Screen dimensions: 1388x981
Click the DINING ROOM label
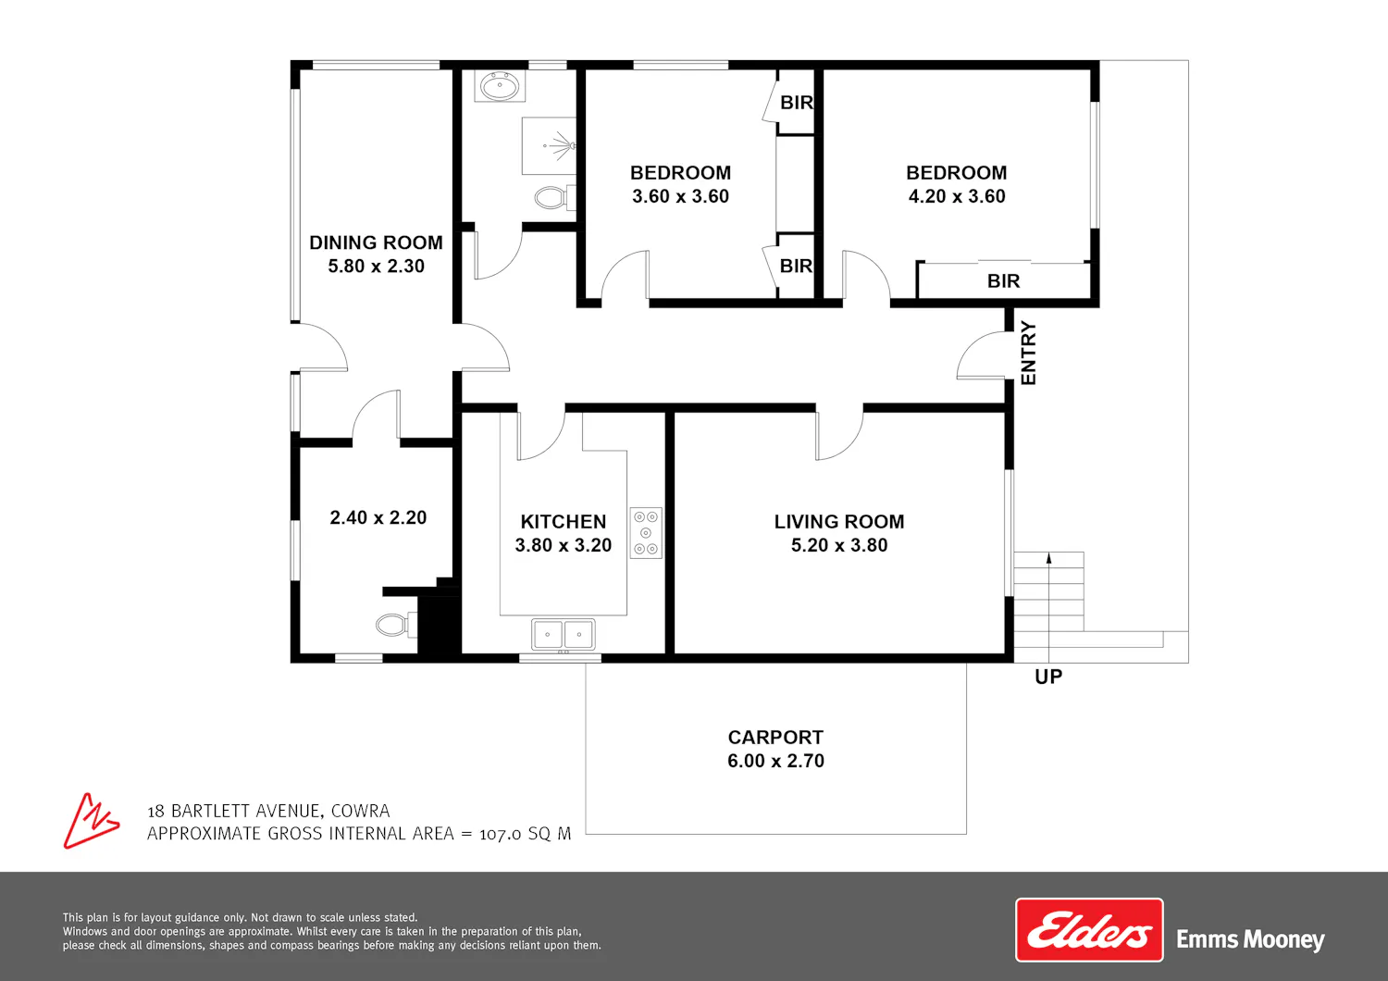click(x=376, y=242)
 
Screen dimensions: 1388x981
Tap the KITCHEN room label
click(x=564, y=522)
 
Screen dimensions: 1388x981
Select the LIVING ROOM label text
click(x=839, y=522)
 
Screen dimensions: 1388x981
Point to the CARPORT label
click(x=775, y=738)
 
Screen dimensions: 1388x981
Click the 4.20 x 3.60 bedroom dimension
click(x=957, y=196)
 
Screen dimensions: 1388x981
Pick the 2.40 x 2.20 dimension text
click(x=378, y=517)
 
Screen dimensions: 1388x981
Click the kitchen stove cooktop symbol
click(x=646, y=533)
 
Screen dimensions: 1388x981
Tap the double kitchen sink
click(x=564, y=634)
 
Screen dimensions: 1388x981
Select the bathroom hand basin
click(x=500, y=86)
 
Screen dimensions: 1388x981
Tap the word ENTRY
click(x=1028, y=353)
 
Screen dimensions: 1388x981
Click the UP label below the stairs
click(x=1048, y=677)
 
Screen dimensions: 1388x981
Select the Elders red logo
click(x=1089, y=929)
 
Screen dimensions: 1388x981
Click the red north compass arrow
click(x=91, y=821)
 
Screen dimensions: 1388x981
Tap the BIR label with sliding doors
click(x=1003, y=281)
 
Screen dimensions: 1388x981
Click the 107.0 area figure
click(x=501, y=834)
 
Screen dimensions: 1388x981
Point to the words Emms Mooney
click(x=1250, y=940)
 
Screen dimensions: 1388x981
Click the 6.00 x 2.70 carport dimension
click(x=775, y=761)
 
